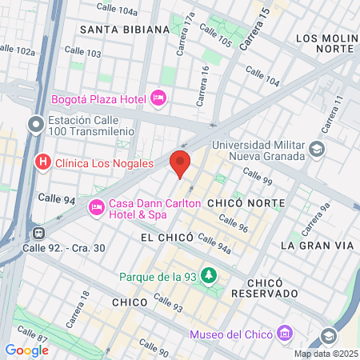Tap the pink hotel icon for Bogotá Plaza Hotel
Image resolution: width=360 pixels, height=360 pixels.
(x=158, y=98)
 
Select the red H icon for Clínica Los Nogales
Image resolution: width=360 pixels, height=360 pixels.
(x=43, y=163)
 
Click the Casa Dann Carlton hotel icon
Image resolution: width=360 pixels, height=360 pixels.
(x=97, y=208)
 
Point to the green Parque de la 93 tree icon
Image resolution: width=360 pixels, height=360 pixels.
(x=210, y=276)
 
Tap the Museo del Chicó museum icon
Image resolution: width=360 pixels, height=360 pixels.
(x=285, y=333)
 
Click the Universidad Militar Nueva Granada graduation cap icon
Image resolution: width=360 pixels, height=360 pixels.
(x=318, y=150)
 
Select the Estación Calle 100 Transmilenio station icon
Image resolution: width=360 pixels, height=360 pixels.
(x=35, y=124)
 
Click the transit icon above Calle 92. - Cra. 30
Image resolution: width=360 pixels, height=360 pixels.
(x=37, y=233)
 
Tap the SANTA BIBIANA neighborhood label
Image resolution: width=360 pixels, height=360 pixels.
(x=124, y=29)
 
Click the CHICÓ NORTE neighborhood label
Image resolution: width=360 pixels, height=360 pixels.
(x=241, y=204)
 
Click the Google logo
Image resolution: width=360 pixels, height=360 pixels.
(x=26, y=350)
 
